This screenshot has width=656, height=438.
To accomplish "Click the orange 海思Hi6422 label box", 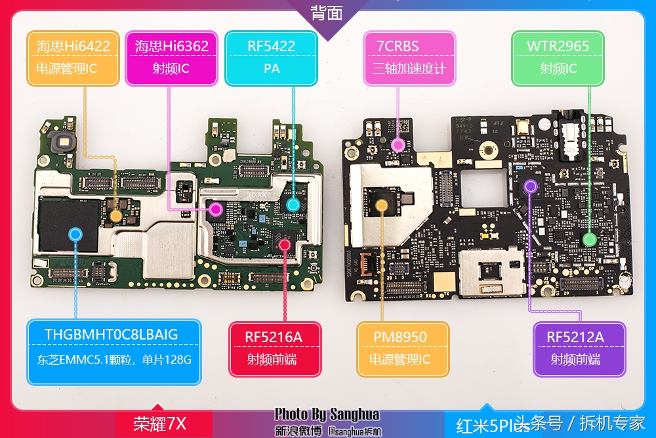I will coord(73,57).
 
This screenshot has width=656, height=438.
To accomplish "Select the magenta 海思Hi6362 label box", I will coord(171,57).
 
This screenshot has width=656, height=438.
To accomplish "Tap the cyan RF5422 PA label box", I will coord(271,57).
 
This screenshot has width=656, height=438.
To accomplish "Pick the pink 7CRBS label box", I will coord(409,57).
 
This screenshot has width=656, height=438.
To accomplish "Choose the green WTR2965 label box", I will coord(558,57).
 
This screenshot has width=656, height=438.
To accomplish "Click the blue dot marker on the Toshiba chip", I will coord(75,233).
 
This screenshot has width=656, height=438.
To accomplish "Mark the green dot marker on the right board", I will coord(589,239).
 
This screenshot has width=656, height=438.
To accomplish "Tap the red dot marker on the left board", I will coord(285,244).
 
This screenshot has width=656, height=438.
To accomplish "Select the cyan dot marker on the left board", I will coord(293,204).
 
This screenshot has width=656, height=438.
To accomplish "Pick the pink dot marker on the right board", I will coord(398,144).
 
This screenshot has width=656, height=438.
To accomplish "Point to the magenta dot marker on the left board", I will coord(215,209).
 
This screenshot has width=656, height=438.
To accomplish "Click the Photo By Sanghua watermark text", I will coord(327,414).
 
